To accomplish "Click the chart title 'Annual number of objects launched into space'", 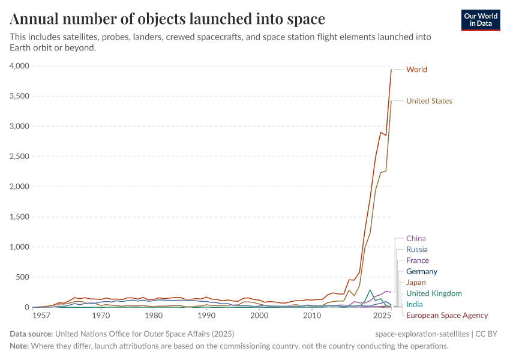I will (x=167, y=19).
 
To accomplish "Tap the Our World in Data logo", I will (x=480, y=20).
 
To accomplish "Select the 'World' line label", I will (x=416, y=70).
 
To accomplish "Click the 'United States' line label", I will (x=429, y=101).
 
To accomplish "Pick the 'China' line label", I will (x=416, y=239).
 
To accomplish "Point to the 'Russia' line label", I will (x=417, y=250).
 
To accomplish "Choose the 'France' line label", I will (x=418, y=260).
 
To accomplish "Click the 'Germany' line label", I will (x=422, y=272).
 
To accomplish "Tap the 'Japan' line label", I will (x=416, y=283).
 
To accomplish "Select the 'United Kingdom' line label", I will (x=434, y=293).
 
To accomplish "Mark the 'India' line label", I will (x=414, y=304).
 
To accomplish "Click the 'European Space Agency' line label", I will (x=447, y=316).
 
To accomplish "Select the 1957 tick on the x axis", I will (x=41, y=315).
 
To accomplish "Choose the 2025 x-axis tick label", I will (x=381, y=315).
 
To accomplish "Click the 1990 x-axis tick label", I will (x=206, y=315).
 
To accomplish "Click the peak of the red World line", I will (x=391, y=70).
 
